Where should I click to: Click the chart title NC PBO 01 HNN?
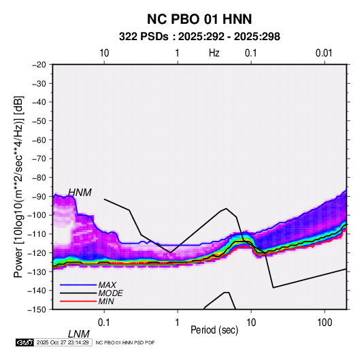(x=199, y=19)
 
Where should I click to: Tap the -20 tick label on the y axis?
(x=39, y=65)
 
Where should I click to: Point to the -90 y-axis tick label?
(x=39, y=197)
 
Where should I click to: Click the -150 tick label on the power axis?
(x=37, y=310)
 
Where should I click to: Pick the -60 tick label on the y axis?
(x=39, y=140)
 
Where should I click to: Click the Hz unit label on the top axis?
(x=214, y=53)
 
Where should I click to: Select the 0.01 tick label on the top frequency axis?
(x=324, y=53)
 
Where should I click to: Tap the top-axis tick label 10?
(x=104, y=53)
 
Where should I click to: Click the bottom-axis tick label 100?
(x=325, y=323)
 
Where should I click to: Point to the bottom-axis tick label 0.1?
(x=104, y=323)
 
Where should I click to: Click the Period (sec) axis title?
(x=214, y=330)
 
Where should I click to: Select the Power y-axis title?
(x=18, y=186)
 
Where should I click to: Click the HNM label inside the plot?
(x=80, y=193)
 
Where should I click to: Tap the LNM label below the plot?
(x=79, y=334)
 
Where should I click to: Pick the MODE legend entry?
(x=91, y=293)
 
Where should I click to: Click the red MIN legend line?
(x=78, y=301)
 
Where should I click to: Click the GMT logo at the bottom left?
(x=25, y=342)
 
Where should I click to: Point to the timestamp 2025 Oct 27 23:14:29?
(x=63, y=342)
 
